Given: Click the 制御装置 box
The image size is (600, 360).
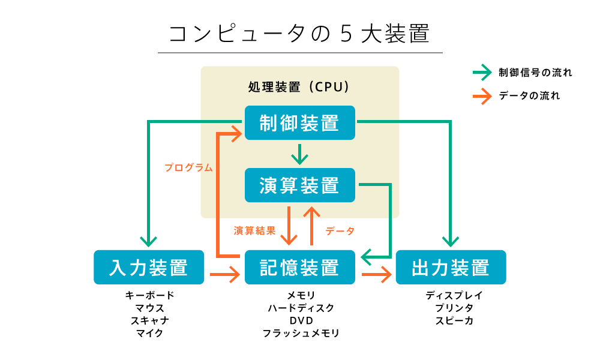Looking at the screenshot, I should pyautogui.click(x=300, y=123).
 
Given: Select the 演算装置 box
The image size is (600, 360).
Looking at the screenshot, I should pyautogui.click(x=300, y=185).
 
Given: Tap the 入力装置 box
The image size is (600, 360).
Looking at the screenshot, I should pyautogui.click(x=149, y=267).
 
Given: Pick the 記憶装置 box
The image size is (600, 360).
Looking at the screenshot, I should pyautogui.click(x=300, y=267).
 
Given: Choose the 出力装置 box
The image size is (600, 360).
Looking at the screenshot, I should pyautogui.click(x=451, y=267).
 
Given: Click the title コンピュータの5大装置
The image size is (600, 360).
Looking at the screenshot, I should pyautogui.click(x=299, y=34).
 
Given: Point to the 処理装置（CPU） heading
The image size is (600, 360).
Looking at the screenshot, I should pyautogui.click(x=299, y=87).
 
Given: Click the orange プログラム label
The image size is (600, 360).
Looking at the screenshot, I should pyautogui.click(x=188, y=168).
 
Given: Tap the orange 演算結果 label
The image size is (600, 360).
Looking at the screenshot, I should pyautogui.click(x=254, y=230).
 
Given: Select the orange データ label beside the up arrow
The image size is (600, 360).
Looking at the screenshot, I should pyautogui.click(x=340, y=230).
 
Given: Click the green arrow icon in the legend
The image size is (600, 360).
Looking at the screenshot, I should pyautogui.click(x=482, y=73).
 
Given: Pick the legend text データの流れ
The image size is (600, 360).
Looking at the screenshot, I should pyautogui.click(x=530, y=95).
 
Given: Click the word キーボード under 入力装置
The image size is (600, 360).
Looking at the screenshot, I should pyautogui.click(x=149, y=295).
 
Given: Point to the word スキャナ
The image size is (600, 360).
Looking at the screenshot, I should pyautogui.click(x=149, y=320).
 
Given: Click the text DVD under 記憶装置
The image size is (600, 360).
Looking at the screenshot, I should pyautogui.click(x=301, y=320).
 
